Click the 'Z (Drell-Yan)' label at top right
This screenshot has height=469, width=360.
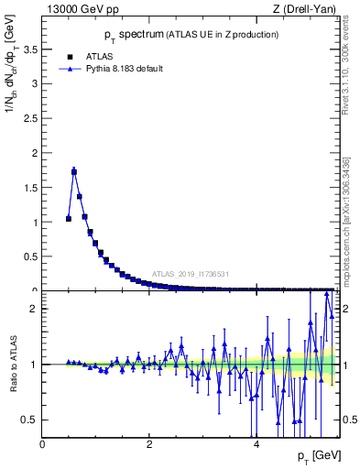tap(305, 9)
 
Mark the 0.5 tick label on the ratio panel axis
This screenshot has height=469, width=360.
tap(30, 420)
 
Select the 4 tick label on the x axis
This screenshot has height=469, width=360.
tap(256, 444)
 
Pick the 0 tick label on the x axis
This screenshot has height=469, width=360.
tap(42, 444)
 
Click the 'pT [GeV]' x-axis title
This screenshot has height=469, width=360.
tap(314, 455)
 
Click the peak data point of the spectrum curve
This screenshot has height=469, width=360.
tap(74, 171)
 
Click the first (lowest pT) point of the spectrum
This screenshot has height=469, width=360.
tap(69, 219)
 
